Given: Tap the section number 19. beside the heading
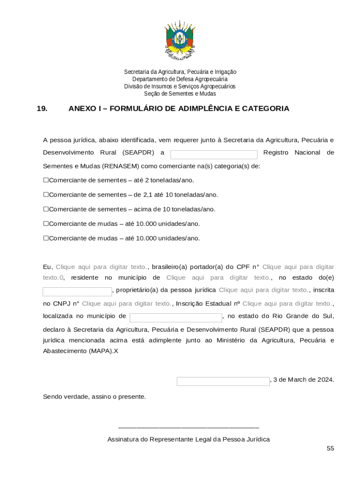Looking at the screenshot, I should (42, 109).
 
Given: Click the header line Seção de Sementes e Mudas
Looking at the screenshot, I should (180, 94).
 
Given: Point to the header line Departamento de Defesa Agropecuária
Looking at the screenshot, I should (180, 79).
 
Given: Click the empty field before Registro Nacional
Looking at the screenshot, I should (214, 154).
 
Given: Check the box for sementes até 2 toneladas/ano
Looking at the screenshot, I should (46, 180).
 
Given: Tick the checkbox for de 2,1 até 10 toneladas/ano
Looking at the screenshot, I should (46, 195).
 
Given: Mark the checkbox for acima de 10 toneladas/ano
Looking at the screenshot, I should (46, 209).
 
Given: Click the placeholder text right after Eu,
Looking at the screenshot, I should (101, 267).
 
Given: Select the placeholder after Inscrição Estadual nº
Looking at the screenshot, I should (287, 304).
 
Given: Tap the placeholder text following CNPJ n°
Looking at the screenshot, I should (127, 304).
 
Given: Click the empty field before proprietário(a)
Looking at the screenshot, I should (77, 291).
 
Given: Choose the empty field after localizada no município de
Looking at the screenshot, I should (175, 318).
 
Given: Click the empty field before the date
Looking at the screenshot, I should (223, 381).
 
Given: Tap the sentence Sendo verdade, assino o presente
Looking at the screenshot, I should (94, 397).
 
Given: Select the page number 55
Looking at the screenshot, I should (330, 448).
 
